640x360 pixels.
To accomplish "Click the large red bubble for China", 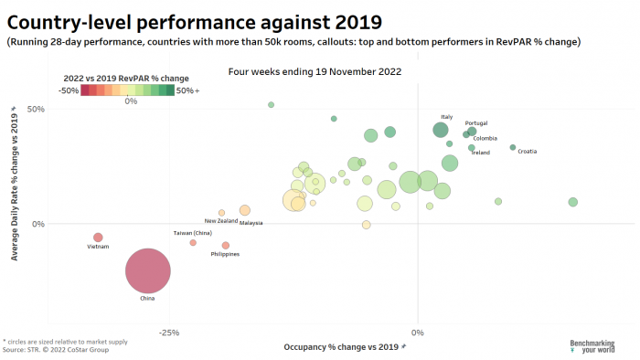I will pos(148,270).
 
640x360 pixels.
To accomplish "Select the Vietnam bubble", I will pos(98,238).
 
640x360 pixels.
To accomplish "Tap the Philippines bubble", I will pos(226,245).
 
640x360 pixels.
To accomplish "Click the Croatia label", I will pos(527,151).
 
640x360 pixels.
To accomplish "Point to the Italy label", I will pos(446,117).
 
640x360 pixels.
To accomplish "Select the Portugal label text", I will pos(476,123).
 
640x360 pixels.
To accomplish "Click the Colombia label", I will pos(485,139).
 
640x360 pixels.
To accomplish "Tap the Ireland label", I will pos(481,153).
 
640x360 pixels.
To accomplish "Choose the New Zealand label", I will pos(220,221).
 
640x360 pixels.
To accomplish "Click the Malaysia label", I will pos(251,223).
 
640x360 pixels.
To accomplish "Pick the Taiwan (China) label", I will pos(192,233).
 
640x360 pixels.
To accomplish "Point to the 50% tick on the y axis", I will pos(61,109).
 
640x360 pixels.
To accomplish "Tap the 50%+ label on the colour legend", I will pos(188,90).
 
